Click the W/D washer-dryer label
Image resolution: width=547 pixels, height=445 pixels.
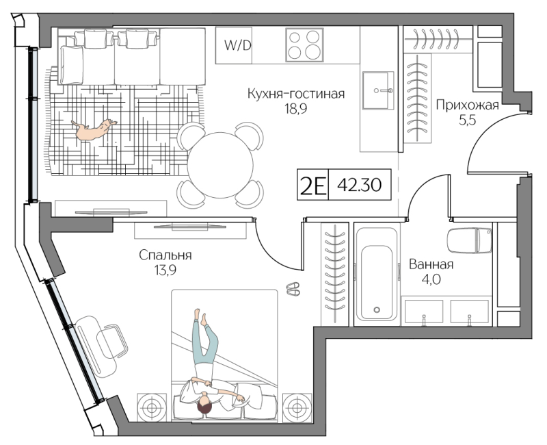[237, 45]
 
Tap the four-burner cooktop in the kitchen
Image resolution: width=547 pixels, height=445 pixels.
[304, 45]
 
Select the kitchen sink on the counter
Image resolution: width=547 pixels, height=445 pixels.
[378, 90]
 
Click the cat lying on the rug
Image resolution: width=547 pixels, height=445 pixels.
[94, 129]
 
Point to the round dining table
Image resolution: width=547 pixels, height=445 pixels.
[220, 165]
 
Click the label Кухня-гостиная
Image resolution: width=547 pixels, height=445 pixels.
[296, 94]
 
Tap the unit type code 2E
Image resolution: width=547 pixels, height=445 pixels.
[312, 185]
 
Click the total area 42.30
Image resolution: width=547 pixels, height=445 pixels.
[359, 185]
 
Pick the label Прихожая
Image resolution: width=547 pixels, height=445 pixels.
[467, 105]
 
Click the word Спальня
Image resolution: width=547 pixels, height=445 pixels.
[165, 255]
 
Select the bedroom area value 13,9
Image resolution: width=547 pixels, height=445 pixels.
[165, 270]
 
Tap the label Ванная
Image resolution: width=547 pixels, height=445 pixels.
[431, 264]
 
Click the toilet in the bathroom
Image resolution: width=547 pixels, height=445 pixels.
[469, 240]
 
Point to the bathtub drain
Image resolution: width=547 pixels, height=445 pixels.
[377, 309]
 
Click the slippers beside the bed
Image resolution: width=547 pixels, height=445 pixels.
[293, 289]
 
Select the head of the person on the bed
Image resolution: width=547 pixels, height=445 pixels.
[204, 405]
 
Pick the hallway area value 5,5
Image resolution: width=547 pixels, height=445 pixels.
[467, 120]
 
